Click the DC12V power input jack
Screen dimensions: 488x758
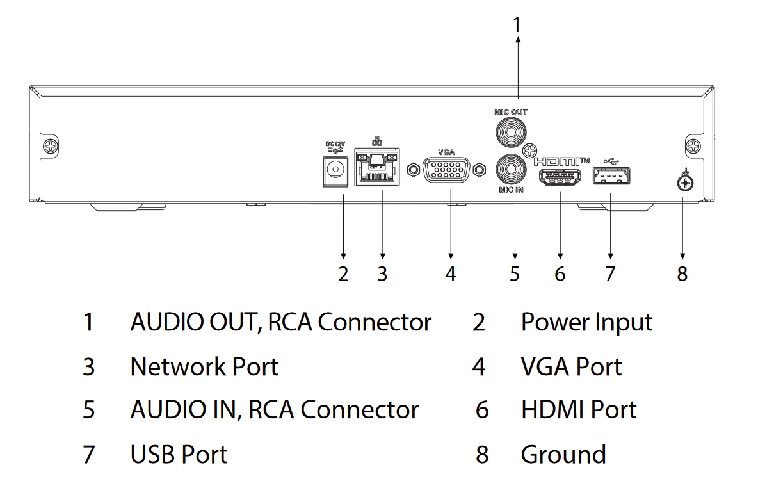(x=333, y=170)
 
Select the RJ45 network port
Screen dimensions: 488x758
(x=376, y=170)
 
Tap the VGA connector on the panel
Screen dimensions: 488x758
(x=446, y=170)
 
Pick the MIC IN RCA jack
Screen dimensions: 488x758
(x=510, y=169)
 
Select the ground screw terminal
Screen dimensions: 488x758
(x=684, y=184)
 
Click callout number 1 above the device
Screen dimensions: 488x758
(x=517, y=25)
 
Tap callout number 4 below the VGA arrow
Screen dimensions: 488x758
(x=451, y=274)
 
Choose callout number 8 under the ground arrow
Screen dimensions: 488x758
(x=682, y=274)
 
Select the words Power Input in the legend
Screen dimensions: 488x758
(x=586, y=322)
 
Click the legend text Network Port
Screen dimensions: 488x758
(x=204, y=367)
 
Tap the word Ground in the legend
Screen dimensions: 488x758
(x=563, y=455)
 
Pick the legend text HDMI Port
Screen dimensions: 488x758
(x=579, y=410)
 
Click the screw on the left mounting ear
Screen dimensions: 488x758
(x=49, y=147)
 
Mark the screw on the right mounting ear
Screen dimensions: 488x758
(x=694, y=147)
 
